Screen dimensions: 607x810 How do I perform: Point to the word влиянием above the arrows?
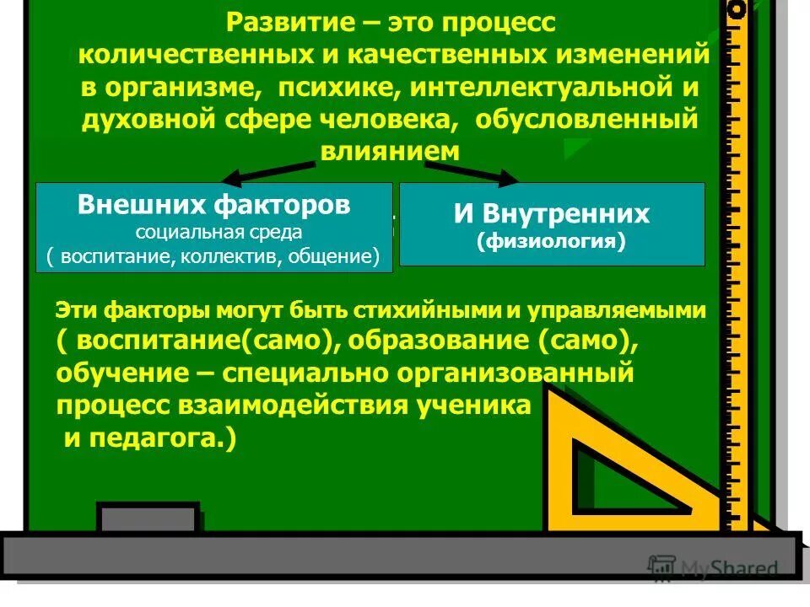tap(390, 152)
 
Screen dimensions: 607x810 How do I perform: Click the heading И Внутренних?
tap(551, 213)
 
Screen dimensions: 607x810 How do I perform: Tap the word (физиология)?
tap(551, 243)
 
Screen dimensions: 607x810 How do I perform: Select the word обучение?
tap(115, 372)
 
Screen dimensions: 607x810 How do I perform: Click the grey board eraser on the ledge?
tap(148, 518)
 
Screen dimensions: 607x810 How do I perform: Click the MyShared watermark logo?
tap(713, 568)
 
